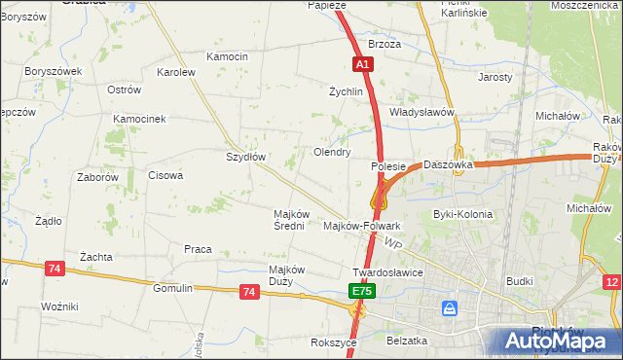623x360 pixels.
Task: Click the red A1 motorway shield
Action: tap(361, 64)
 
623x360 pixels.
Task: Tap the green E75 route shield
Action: tap(361, 291)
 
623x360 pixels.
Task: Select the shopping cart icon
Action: tap(449, 308)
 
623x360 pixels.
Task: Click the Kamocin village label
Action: tap(227, 56)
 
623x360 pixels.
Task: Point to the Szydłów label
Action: tap(245, 156)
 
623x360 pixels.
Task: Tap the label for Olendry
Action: tap(331, 153)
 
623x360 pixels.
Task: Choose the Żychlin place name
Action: tap(346, 92)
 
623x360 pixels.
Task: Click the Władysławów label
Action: tap(422, 112)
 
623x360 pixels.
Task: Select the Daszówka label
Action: tap(448, 165)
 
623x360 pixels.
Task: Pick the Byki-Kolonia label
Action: tap(462, 214)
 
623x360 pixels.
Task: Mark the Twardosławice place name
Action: tap(387, 272)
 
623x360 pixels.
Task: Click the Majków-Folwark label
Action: tap(361, 226)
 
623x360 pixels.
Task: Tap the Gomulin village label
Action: tap(173, 288)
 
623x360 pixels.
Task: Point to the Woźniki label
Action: tap(59, 306)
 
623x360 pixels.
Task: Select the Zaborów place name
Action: tap(97, 178)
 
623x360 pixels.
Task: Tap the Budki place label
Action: tap(520, 281)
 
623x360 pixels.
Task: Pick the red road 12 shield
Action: tap(611, 282)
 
